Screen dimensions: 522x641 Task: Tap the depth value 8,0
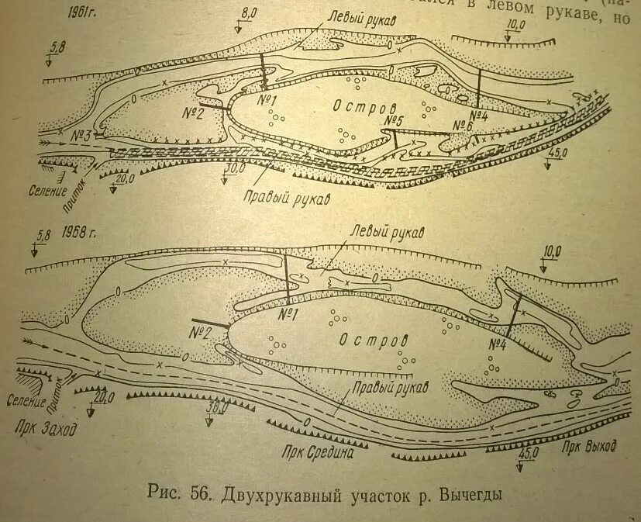click(247, 14)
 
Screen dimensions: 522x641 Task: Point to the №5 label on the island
click(395, 121)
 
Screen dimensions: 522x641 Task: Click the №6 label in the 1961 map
click(464, 126)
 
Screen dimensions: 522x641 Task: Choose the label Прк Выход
click(590, 448)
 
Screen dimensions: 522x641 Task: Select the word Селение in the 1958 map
click(35, 402)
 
